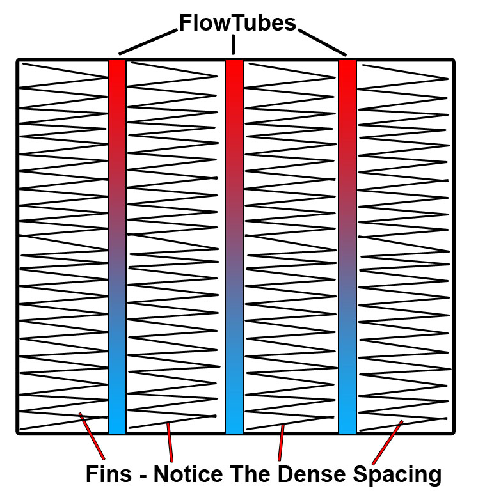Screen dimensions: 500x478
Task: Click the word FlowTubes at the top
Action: point(237,24)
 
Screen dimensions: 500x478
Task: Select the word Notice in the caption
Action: point(189,474)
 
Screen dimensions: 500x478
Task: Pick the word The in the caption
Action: point(251,474)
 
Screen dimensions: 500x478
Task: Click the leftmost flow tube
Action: point(117,246)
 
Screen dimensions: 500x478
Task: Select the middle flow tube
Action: point(234,246)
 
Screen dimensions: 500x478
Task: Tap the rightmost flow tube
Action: point(347,246)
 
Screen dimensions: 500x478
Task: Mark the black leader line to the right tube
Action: point(323,42)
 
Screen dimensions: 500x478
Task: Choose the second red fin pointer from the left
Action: point(170,442)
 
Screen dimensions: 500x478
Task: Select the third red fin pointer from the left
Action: point(281,442)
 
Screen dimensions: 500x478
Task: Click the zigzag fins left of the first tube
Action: point(63,246)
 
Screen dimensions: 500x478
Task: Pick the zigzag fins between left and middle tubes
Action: point(175,246)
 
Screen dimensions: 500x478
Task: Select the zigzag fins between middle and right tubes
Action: point(291,246)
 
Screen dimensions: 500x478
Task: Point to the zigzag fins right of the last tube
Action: point(403,246)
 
